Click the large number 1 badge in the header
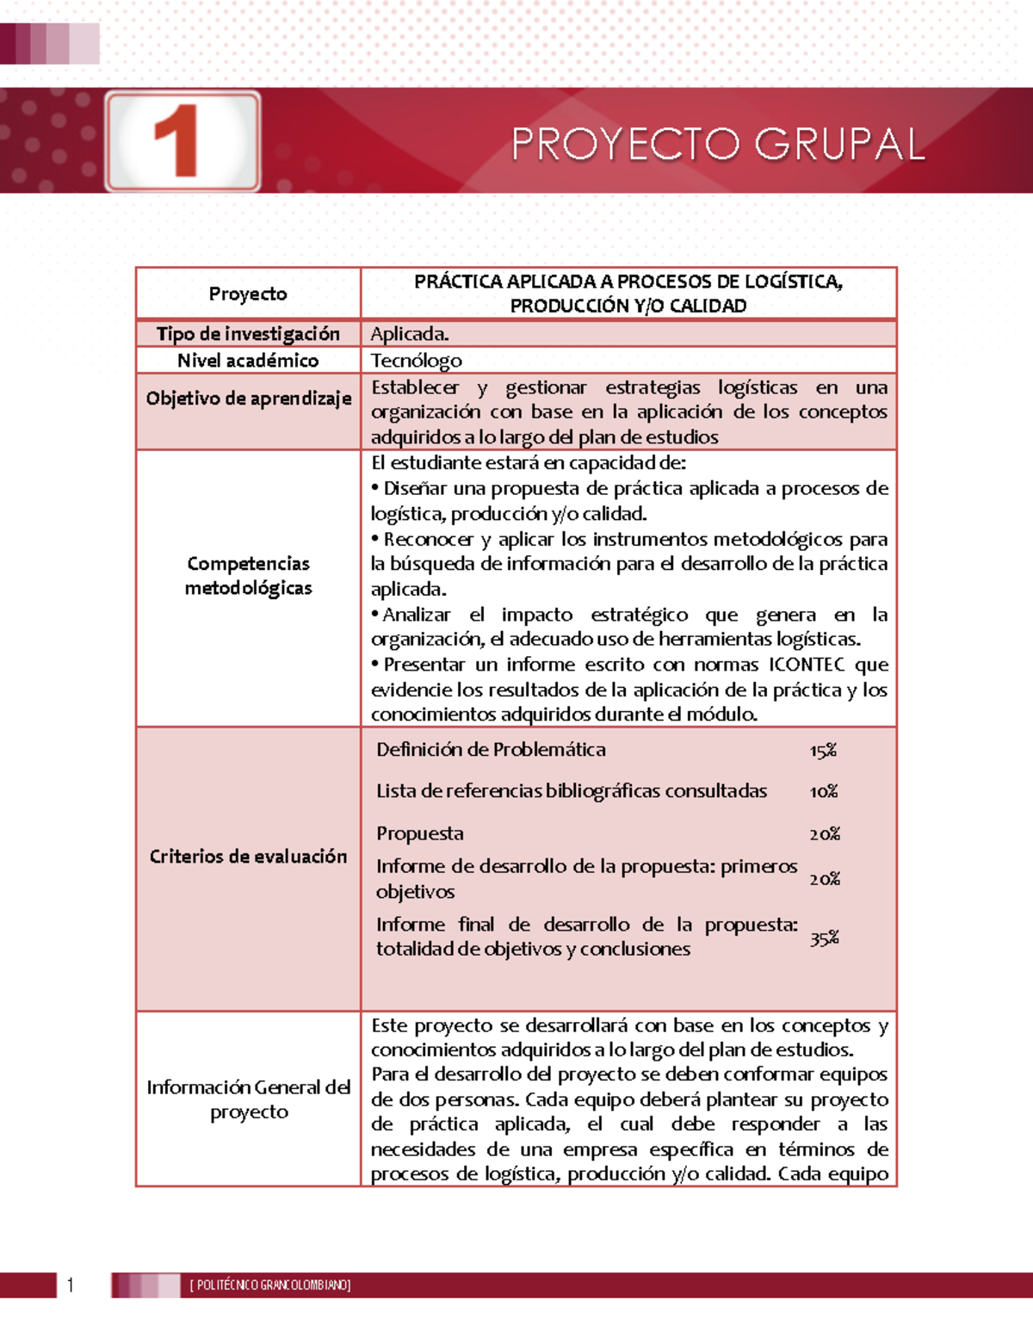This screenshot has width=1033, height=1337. click(182, 141)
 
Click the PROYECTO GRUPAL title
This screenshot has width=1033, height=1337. click(718, 144)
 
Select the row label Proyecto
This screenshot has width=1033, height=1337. click(248, 294)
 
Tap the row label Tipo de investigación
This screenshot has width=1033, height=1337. click(248, 334)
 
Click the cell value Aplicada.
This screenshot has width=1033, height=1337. click(410, 334)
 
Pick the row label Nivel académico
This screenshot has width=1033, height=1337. click(248, 361)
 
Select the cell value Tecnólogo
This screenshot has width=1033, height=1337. click(417, 361)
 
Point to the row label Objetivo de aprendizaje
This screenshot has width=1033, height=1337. click(248, 399)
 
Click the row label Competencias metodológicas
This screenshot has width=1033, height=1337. click(248, 576)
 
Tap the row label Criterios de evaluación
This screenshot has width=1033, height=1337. click(248, 857)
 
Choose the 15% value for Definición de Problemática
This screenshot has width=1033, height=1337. click(823, 751)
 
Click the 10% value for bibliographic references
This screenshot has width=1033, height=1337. click(824, 791)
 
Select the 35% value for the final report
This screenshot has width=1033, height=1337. click(824, 938)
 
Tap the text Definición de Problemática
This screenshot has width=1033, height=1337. click(491, 750)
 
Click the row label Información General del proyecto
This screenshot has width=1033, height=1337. click(248, 1099)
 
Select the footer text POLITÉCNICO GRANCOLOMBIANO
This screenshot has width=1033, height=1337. click(270, 1285)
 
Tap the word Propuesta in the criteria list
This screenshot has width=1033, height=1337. click(420, 833)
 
